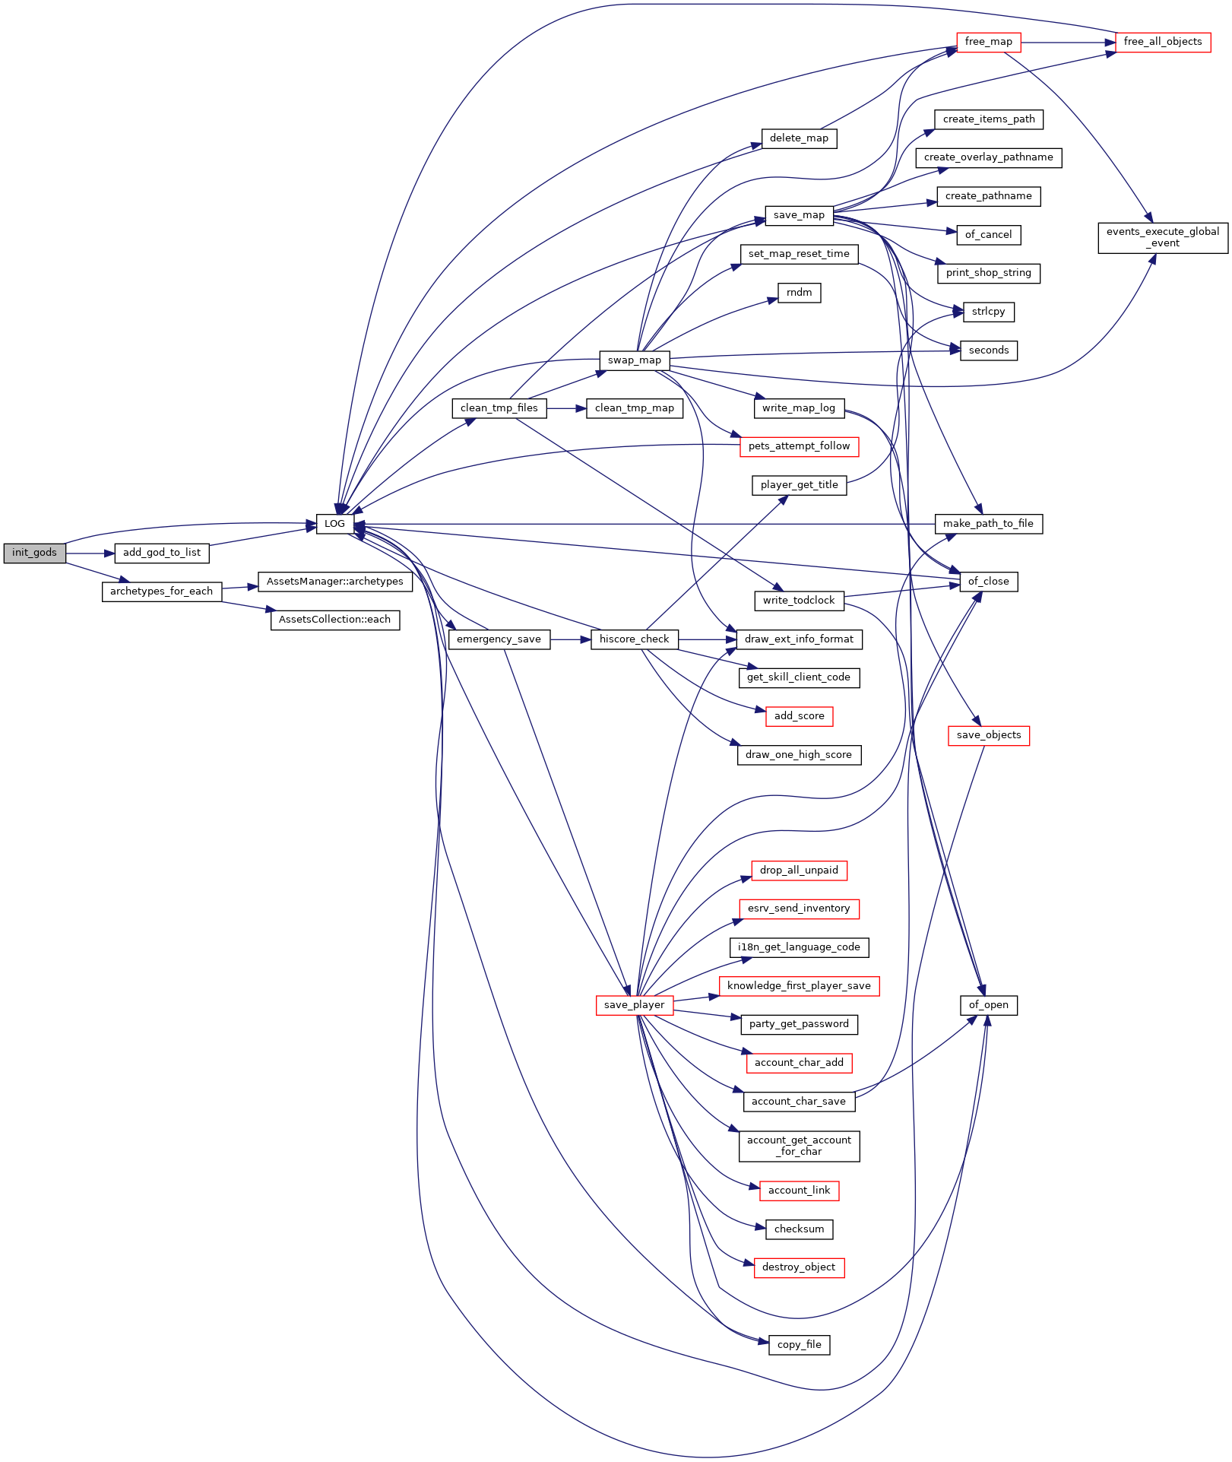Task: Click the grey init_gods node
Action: (x=34, y=553)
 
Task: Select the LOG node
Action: (x=335, y=524)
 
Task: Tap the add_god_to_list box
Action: (x=162, y=553)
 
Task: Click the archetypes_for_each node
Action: (x=162, y=591)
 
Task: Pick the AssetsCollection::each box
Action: (x=335, y=620)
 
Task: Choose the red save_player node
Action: (x=635, y=1005)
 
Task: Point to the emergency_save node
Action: (x=499, y=639)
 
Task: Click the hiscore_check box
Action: (x=635, y=639)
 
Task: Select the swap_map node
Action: (x=635, y=360)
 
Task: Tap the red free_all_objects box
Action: (x=1163, y=42)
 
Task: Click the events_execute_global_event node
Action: (x=1163, y=237)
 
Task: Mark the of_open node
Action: (x=989, y=1005)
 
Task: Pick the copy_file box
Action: (x=800, y=1345)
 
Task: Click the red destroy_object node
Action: (x=800, y=1267)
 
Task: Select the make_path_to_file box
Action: (x=989, y=524)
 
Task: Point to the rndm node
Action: (x=800, y=293)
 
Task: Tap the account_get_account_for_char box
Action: (x=800, y=1146)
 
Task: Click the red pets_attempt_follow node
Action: (x=800, y=446)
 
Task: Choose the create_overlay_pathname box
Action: (x=989, y=157)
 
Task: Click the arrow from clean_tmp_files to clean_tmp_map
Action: (x=566, y=408)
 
